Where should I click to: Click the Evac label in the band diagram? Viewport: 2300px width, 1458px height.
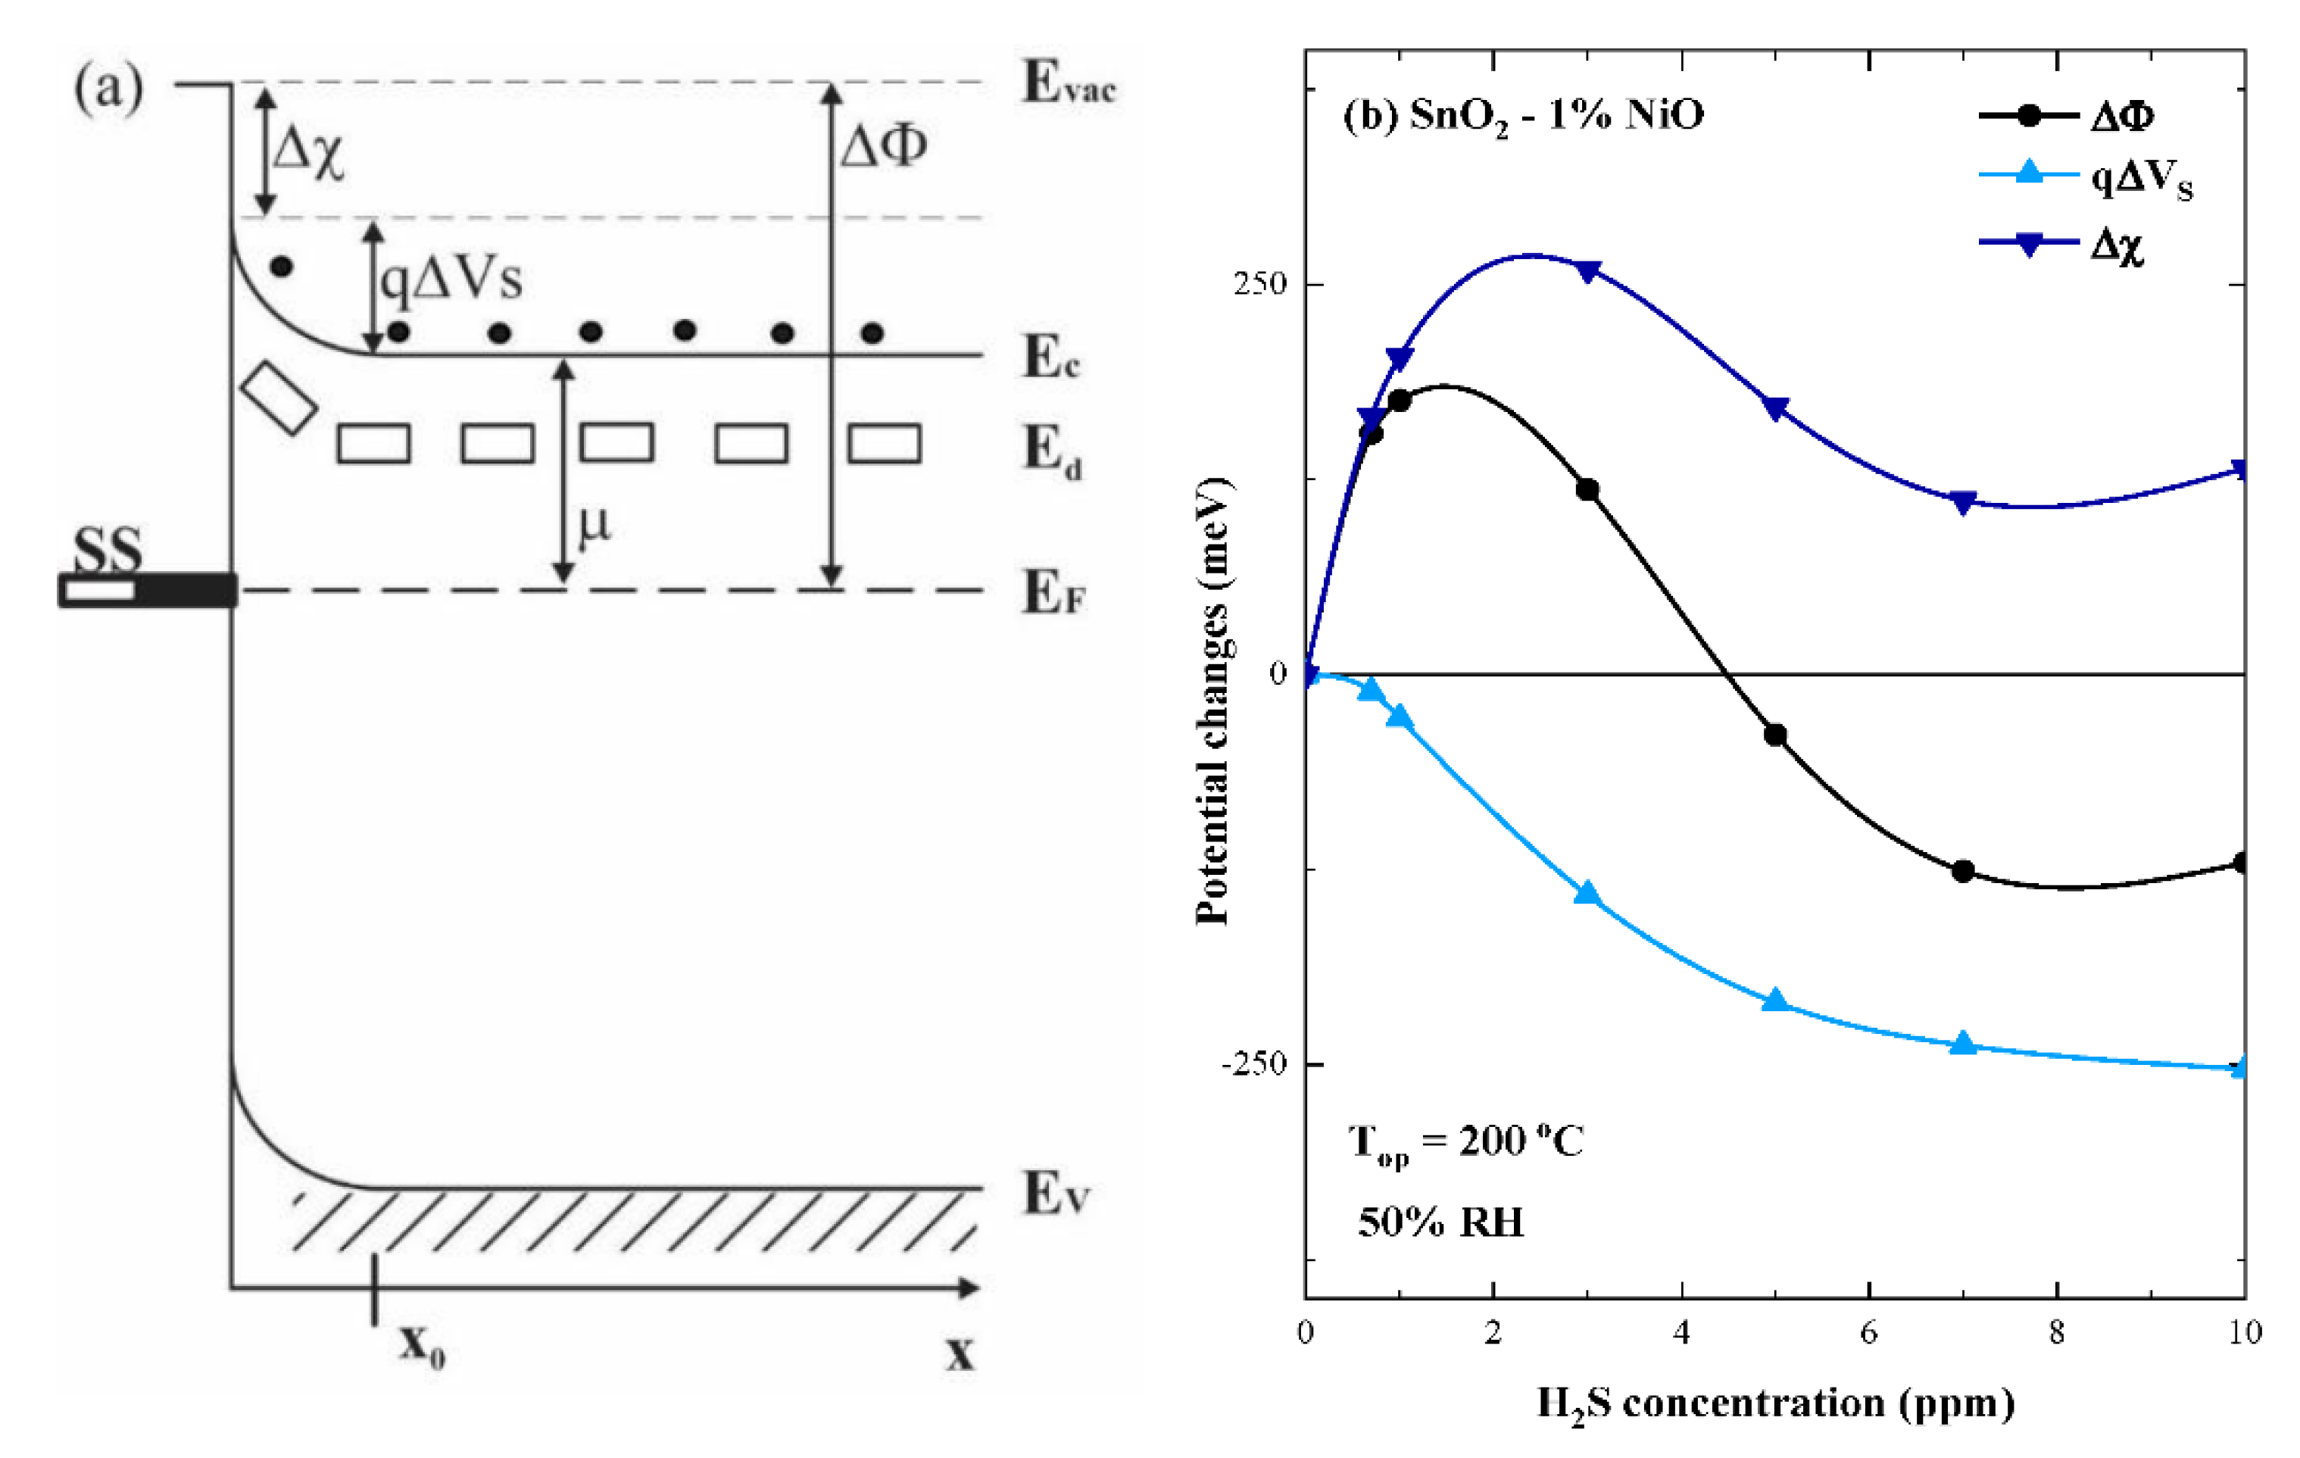pos(1068,83)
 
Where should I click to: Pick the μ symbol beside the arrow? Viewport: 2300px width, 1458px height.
pos(594,523)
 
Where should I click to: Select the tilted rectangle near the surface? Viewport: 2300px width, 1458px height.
pos(278,398)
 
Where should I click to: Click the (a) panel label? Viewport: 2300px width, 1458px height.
pos(109,88)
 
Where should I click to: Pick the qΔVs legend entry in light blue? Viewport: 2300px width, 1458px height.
pos(2139,179)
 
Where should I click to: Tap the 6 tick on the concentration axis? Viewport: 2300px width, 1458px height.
pos(1868,1332)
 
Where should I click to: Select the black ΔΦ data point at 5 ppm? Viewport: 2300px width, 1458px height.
pos(1774,735)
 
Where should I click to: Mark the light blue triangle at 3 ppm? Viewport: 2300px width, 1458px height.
pos(1587,893)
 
